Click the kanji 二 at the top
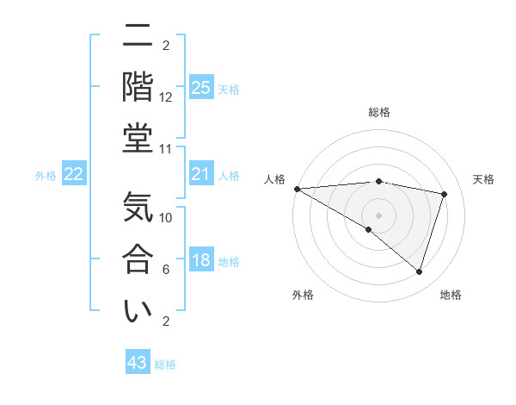pos(138,39)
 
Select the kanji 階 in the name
pos(138,87)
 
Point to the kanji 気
pos(138,209)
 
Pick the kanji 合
pos(138,259)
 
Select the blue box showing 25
pos(200,87)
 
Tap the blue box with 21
pos(200,174)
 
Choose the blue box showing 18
pos(200,260)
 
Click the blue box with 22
pos(73,174)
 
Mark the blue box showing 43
pos(137,363)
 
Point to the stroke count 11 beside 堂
pos(166,148)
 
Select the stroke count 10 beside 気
pos(166,218)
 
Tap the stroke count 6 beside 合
pos(166,269)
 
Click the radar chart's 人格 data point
pos(297,188)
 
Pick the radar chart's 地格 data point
pos(419,271)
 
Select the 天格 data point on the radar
pos(444,194)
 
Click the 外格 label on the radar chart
pos(303,296)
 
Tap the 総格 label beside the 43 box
pos(165,364)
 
